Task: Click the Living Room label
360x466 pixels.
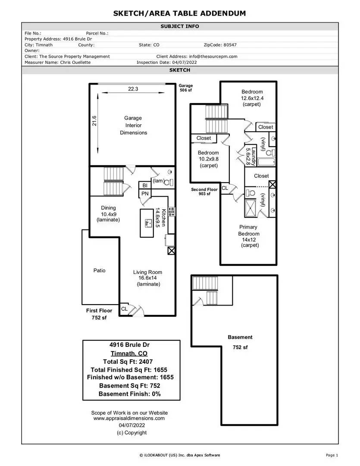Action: (x=147, y=272)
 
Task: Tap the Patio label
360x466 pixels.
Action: (x=100, y=271)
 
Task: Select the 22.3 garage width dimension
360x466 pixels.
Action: (x=133, y=89)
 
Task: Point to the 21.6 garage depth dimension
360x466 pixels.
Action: (x=94, y=121)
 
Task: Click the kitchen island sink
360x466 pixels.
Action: (x=147, y=223)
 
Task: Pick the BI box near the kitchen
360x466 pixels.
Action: (x=145, y=186)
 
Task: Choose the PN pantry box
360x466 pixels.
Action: (x=145, y=194)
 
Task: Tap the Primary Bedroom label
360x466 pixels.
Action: (x=249, y=230)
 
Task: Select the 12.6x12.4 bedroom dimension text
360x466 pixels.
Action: (x=252, y=98)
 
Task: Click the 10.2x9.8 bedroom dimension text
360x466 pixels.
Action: (x=209, y=159)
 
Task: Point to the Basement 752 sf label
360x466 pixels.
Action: (x=240, y=342)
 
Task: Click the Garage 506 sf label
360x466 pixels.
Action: (x=186, y=88)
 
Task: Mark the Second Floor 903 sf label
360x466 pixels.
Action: (x=204, y=192)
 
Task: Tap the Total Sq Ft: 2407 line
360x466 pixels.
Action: (x=128, y=362)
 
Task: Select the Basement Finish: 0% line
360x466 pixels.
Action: (x=130, y=394)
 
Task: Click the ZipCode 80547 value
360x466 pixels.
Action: (x=230, y=45)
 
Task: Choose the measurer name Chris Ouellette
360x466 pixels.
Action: (x=75, y=63)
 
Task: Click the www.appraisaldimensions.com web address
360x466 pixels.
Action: (x=129, y=418)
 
